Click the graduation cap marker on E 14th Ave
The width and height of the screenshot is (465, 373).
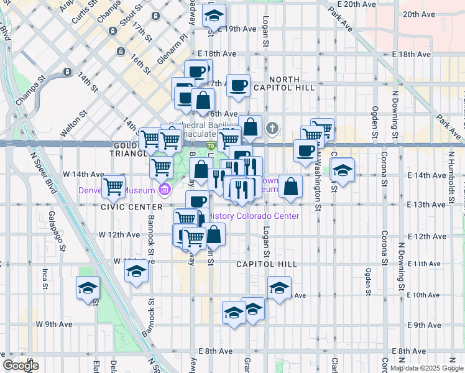342,169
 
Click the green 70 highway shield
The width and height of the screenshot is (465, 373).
211,146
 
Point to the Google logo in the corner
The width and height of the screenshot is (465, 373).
21,366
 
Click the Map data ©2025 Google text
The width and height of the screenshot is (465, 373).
426,368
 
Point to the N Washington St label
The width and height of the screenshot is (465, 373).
317,180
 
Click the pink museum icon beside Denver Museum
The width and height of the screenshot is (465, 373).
165,190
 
